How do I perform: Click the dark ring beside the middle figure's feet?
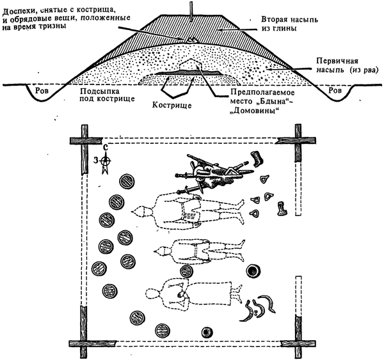point(254,272)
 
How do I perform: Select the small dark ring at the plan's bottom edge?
point(207,332)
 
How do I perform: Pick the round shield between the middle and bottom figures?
point(187,272)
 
